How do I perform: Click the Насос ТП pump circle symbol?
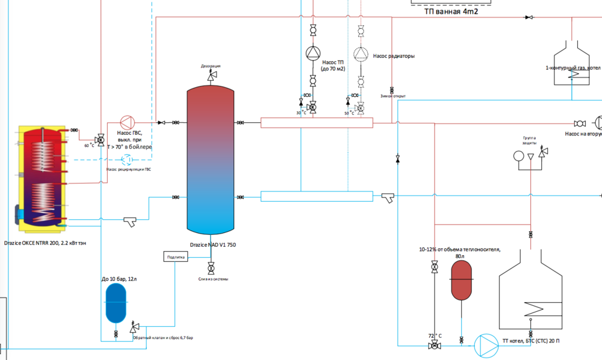(312, 54)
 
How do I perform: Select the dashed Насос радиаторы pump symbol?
(360, 54)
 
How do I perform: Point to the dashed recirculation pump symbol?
(128, 160)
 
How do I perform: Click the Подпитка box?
(176, 257)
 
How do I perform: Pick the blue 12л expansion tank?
(114, 302)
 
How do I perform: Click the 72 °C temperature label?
(435, 335)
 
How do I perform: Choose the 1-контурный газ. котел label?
(573, 67)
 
